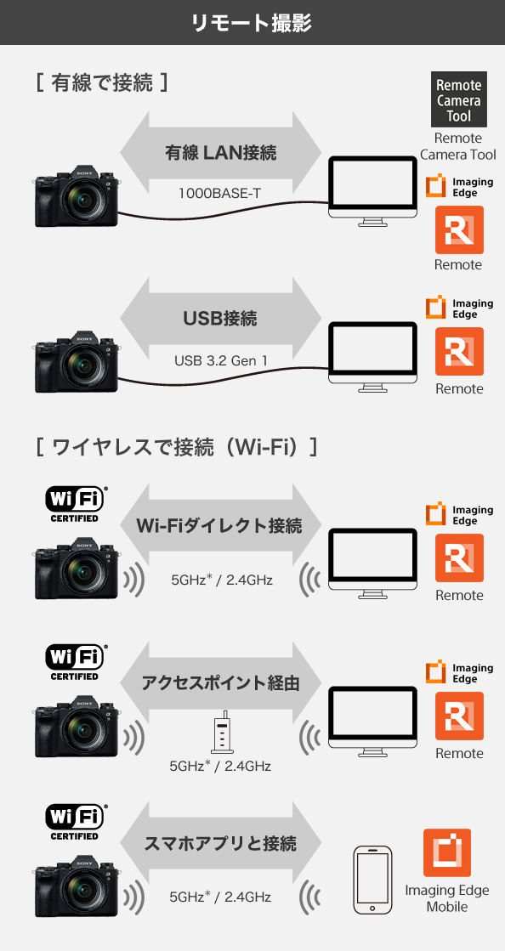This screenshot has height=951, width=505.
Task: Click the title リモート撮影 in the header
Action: coord(252,22)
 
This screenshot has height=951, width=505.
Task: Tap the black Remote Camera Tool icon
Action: coord(459,99)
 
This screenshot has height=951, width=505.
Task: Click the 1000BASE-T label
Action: coord(220,194)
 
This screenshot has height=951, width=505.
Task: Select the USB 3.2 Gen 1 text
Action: coord(221,360)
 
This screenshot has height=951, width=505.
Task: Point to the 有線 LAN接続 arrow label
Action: coord(220,152)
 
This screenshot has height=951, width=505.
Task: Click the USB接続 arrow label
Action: coord(220,319)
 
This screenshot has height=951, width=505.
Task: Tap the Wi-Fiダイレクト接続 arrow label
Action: coord(219,525)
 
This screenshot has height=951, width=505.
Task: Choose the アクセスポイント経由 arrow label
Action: coord(220,683)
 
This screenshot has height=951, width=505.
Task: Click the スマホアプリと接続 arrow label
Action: coord(220,843)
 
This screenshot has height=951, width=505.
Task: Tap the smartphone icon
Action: coord(373,880)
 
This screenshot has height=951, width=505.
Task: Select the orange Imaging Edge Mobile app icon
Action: coord(447,852)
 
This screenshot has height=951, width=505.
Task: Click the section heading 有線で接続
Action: coord(101,82)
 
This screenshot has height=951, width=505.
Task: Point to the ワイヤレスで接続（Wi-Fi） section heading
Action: coord(177,448)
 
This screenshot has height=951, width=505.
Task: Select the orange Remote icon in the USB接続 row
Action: coord(459,352)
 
